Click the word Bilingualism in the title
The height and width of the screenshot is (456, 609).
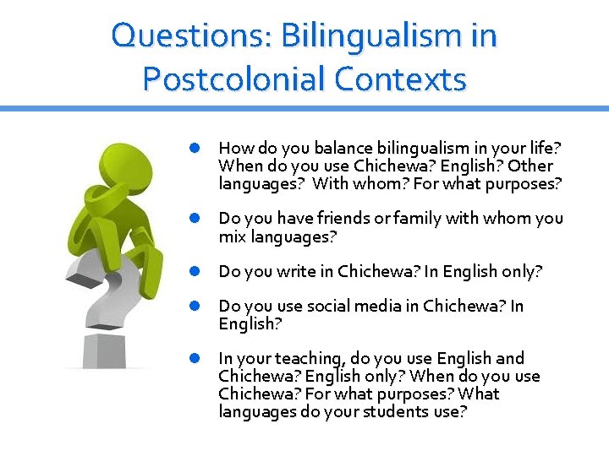point(369,36)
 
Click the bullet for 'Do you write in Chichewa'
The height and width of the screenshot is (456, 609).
point(195,271)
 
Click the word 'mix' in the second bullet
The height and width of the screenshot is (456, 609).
point(231,236)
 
